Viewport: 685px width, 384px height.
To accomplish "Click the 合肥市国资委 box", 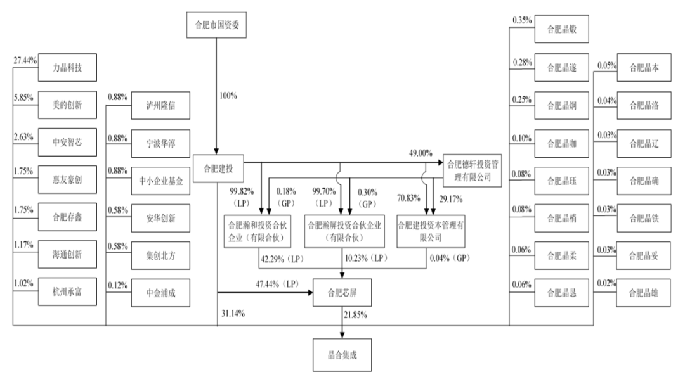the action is [x=216, y=25].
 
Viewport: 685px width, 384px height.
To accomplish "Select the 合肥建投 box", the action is [x=218, y=169].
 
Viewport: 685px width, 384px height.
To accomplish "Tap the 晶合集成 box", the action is [x=342, y=355].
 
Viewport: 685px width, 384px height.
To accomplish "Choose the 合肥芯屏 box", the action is [x=342, y=292].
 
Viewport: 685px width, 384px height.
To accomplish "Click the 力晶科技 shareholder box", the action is [x=67, y=68].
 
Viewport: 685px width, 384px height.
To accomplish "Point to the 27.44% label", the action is [x=25, y=61].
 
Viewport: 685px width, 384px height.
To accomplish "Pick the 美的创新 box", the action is [x=67, y=105].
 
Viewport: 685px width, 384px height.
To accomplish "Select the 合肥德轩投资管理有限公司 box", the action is [x=473, y=170].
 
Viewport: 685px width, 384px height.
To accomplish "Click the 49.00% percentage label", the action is [x=421, y=153].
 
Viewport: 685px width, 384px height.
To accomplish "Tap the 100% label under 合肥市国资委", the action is [x=228, y=96].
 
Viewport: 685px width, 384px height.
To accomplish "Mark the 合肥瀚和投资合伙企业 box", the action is [x=258, y=231].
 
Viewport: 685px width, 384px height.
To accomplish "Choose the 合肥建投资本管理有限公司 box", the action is [x=431, y=231].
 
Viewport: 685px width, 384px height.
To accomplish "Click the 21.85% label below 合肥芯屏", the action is [x=355, y=315].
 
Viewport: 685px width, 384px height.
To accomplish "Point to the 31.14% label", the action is [x=233, y=313].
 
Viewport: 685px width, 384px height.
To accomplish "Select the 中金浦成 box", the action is [x=160, y=293].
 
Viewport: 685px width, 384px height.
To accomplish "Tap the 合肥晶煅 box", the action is [x=562, y=29].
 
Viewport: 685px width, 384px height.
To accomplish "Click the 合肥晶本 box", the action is [x=644, y=68].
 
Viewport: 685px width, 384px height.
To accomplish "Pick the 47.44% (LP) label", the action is [x=277, y=284].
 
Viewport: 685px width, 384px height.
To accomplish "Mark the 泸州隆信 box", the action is [x=160, y=105].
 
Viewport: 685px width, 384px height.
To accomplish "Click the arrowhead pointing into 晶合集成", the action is [x=342, y=335].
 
